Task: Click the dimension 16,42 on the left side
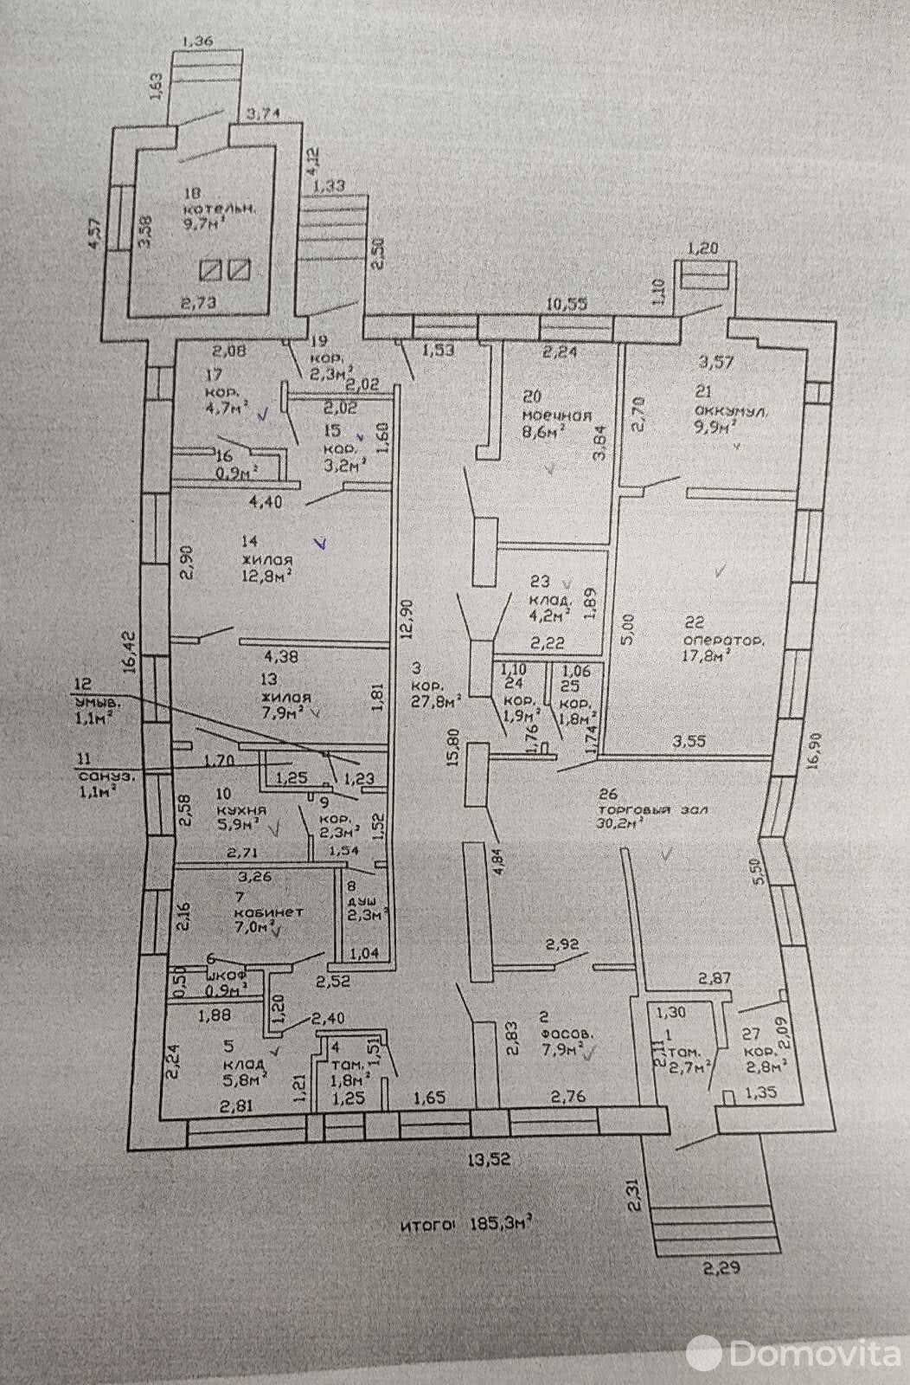click(129, 651)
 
